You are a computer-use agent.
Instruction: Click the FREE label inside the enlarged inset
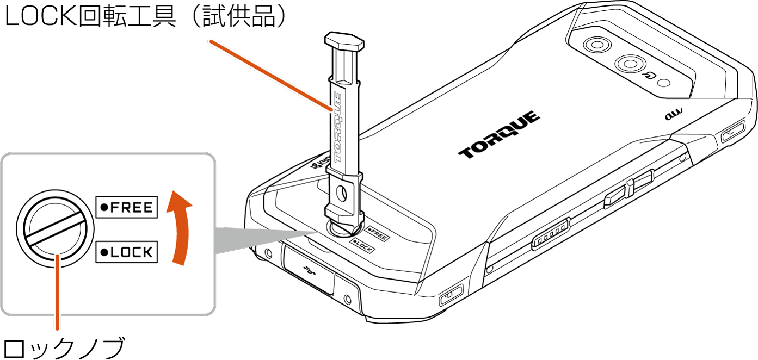click(x=126, y=207)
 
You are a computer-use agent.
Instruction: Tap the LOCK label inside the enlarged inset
click(x=126, y=252)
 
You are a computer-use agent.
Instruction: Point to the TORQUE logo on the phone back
click(x=499, y=135)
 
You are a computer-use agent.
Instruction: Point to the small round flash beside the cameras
click(x=663, y=84)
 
